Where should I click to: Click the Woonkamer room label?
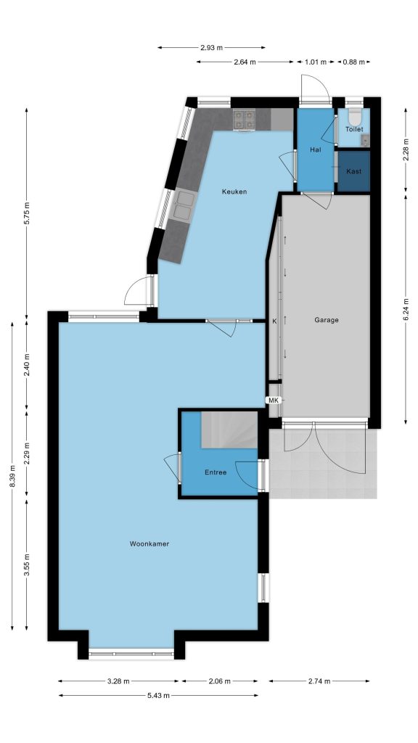pyautogui.click(x=149, y=543)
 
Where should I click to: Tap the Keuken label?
pyautogui.click(x=234, y=192)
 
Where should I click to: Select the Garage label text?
pyautogui.click(x=327, y=320)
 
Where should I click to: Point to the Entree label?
pyautogui.click(x=216, y=472)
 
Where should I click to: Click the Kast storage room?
pyautogui.click(x=353, y=171)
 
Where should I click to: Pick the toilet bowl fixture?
pyautogui.click(x=354, y=116)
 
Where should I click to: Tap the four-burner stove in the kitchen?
pyautogui.click(x=244, y=119)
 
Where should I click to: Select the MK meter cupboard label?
pyautogui.click(x=274, y=401)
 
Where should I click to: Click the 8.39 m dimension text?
pyautogui.click(x=12, y=476)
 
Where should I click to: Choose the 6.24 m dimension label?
pyautogui.click(x=406, y=309)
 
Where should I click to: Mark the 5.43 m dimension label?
pyautogui.click(x=157, y=695)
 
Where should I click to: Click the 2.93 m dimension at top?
pyautogui.click(x=211, y=47)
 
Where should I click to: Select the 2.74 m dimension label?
pyautogui.click(x=319, y=681)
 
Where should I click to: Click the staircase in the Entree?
pyautogui.click(x=229, y=430)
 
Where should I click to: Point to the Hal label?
pyautogui.click(x=316, y=149)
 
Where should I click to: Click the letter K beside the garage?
pyautogui.click(x=274, y=321)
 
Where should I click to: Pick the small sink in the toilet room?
pyautogui.click(x=365, y=139)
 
